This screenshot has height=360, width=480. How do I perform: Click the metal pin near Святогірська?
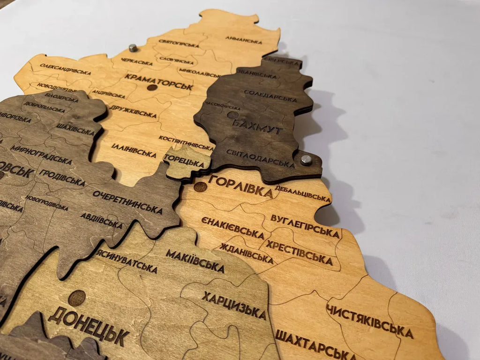[133, 48]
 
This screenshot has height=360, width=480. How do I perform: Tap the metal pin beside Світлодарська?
[306, 160]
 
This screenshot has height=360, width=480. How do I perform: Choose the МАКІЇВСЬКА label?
[195, 261]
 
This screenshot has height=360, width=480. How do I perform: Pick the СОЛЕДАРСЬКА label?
[270, 96]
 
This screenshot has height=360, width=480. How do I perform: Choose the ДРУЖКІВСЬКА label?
[134, 112]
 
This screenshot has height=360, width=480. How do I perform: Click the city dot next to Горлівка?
[201, 187]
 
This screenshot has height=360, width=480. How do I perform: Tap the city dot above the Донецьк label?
[77, 298]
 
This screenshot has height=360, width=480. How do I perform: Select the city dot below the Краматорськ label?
[152, 88]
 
